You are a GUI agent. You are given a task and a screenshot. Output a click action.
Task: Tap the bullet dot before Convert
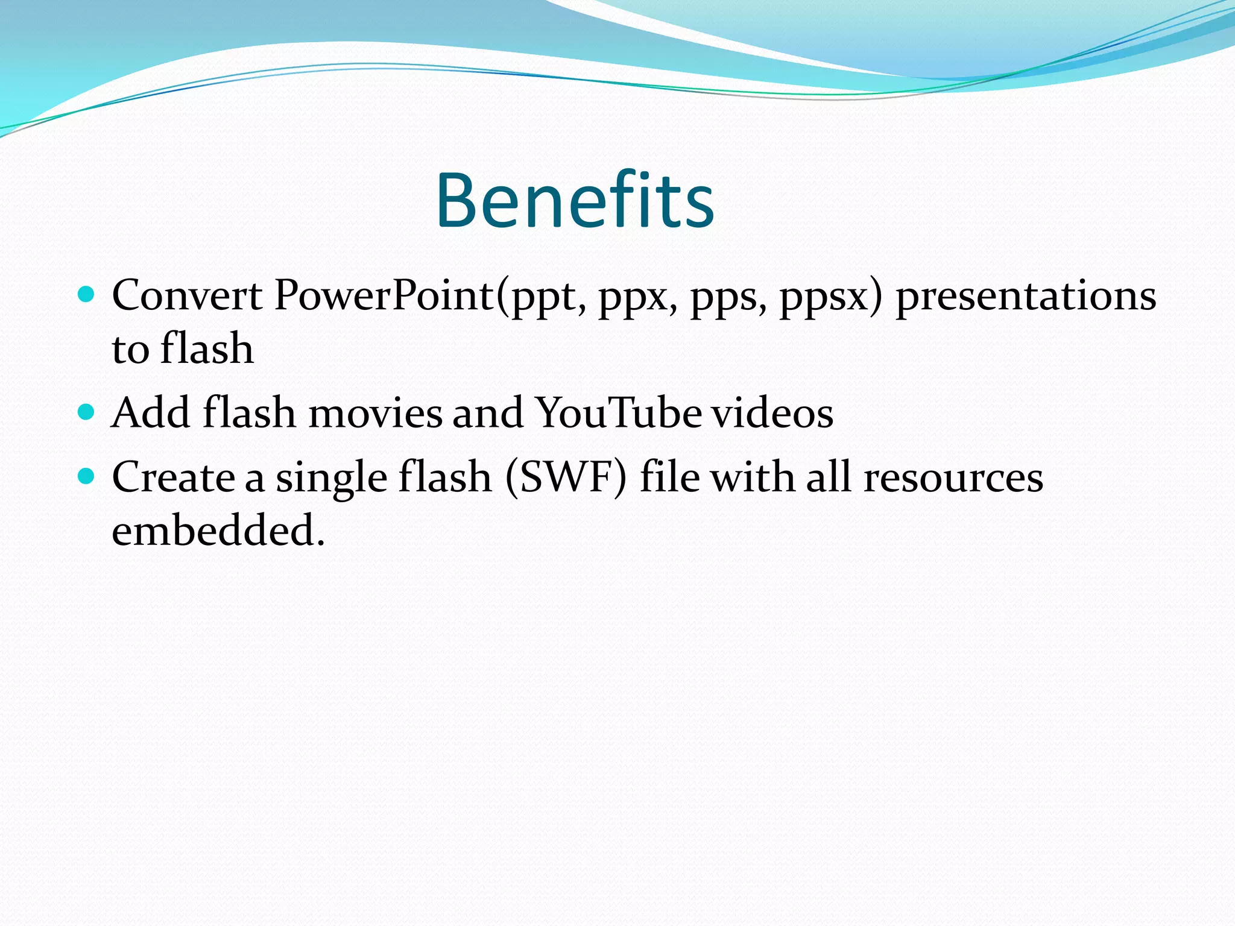[87, 295]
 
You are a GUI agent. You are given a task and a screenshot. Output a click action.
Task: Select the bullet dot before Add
[87, 412]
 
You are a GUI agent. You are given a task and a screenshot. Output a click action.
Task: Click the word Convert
[187, 296]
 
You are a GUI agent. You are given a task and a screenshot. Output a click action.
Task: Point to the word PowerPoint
[384, 296]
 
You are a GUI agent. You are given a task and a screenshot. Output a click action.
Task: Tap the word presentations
[1026, 296]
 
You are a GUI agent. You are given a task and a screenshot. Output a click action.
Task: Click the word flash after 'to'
[207, 349]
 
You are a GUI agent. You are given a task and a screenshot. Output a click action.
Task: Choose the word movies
[376, 414]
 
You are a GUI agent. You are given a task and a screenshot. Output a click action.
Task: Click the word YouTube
[619, 414]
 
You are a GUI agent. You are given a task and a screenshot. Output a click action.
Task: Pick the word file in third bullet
[669, 477]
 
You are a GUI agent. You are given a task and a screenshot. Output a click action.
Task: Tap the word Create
[173, 478]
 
